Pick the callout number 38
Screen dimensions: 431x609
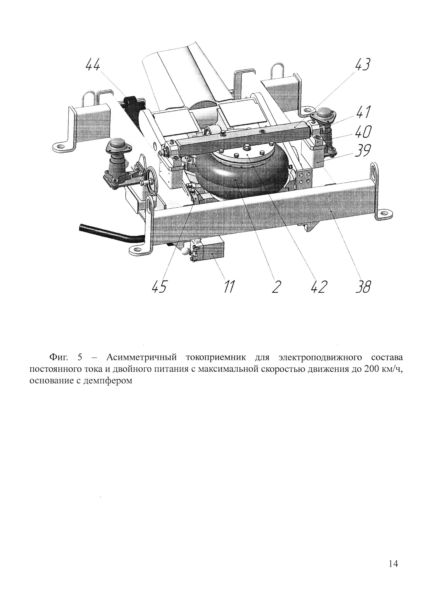pos(363,287)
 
